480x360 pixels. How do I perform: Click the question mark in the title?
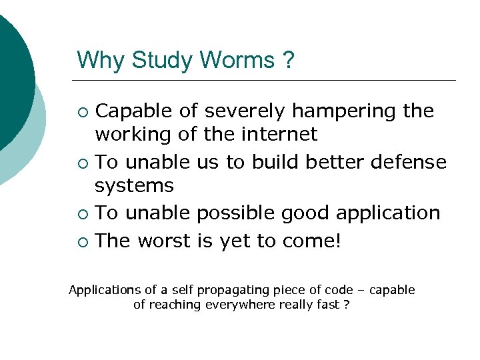288,60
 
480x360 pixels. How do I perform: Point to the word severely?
237,111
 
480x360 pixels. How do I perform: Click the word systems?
134,185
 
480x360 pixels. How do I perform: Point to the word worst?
166,240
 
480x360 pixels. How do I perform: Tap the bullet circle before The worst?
83,241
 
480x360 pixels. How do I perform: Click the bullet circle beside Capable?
83,111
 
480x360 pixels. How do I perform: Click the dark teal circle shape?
13,73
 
